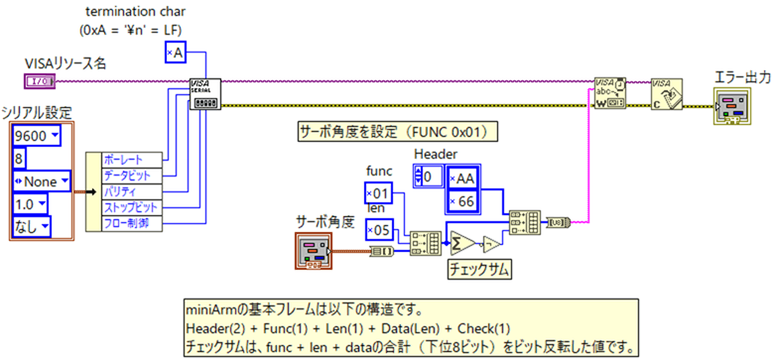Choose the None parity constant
[x=41, y=180]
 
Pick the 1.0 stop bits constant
[x=33, y=204]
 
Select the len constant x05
[x=381, y=231]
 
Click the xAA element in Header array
[x=462, y=178]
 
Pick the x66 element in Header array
[x=462, y=202]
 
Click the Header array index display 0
[x=430, y=177]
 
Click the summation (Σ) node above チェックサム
[x=462, y=241]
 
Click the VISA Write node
[x=609, y=93]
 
